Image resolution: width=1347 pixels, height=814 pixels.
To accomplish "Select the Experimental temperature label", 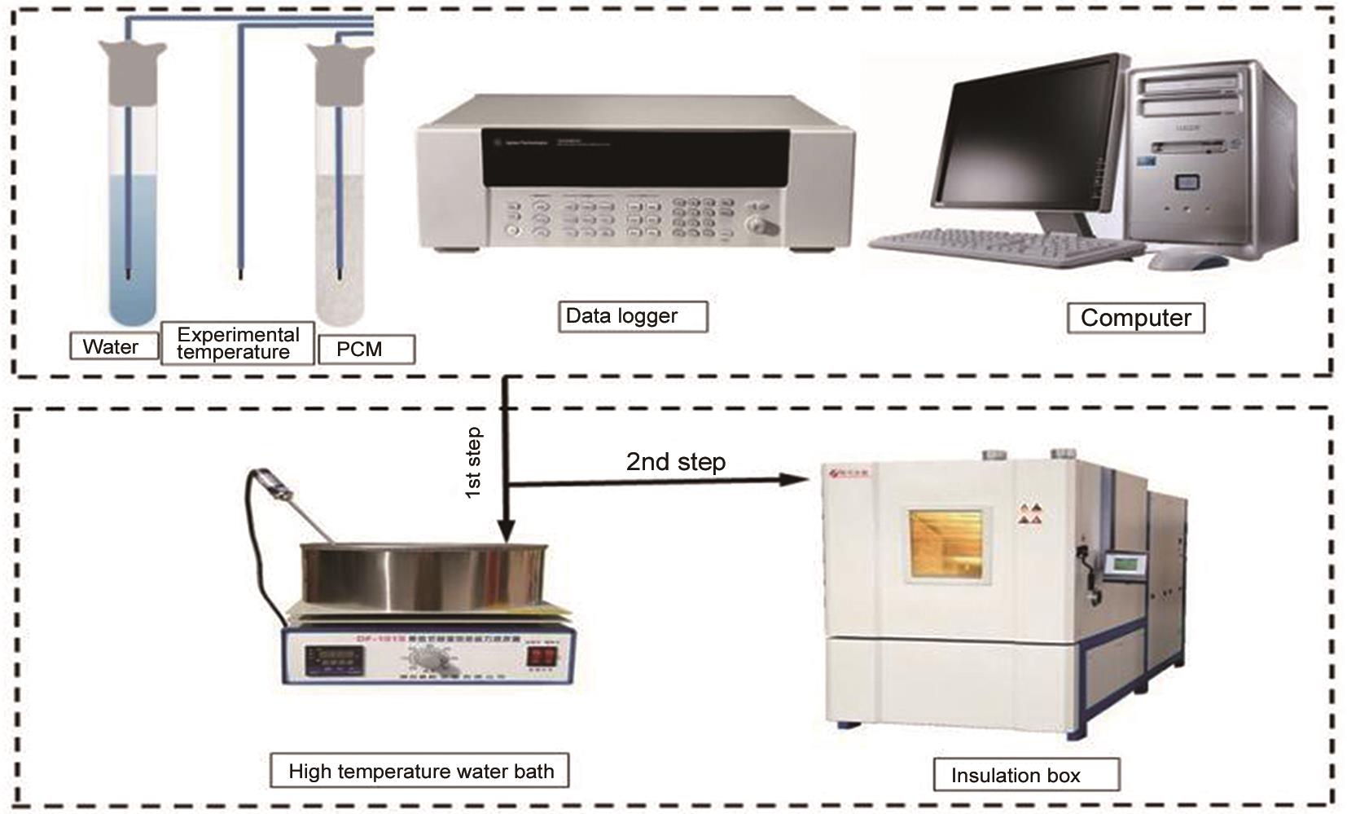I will click(x=237, y=343).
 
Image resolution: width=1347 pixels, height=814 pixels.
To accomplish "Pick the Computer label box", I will click(x=1135, y=318).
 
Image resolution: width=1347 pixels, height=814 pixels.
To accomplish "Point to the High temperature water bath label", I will click(x=419, y=771).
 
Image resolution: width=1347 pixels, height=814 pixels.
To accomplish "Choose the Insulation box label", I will click(x=1025, y=775).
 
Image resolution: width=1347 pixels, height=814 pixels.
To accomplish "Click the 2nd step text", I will click(x=675, y=462).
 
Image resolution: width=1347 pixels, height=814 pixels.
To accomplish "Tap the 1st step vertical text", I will click(x=473, y=462).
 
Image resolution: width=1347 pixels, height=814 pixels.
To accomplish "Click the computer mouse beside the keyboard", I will click(x=1187, y=260).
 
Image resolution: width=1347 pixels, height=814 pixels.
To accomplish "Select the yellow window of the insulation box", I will click(x=946, y=545).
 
